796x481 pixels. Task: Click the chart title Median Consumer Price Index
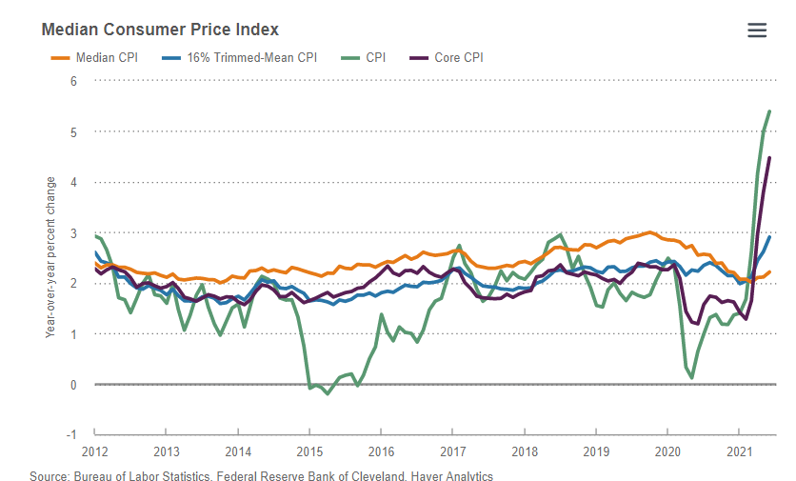(160, 30)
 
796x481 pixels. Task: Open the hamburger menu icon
(757, 30)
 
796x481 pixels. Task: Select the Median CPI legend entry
(94, 57)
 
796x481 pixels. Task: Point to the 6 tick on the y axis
(73, 81)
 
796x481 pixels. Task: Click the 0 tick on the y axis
(73, 385)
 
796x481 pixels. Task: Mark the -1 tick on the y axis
(71, 435)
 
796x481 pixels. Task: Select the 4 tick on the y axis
(73, 182)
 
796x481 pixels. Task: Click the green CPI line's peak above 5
(769, 111)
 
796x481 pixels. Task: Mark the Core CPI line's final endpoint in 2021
(769, 158)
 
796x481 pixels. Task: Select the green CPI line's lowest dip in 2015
(328, 393)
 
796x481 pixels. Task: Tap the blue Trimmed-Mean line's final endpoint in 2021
(769, 237)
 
